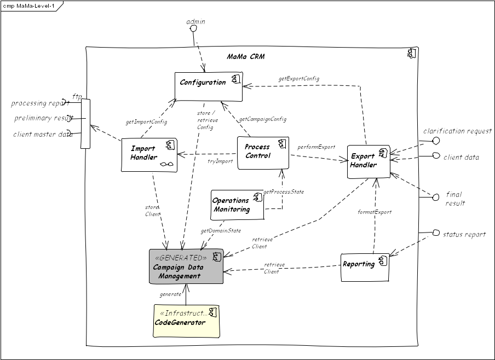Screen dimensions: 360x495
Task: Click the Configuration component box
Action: tap(208, 86)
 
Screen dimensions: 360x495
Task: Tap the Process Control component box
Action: tap(263, 153)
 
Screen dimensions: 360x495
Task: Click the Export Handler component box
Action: tap(369, 161)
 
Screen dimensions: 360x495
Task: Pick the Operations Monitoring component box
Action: tap(237, 205)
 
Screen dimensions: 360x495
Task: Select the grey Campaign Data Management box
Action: tap(186, 266)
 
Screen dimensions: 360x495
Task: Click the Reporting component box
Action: tap(365, 267)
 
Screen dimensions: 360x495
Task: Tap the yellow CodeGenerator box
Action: tap(186, 321)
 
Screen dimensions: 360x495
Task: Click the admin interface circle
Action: tap(193, 29)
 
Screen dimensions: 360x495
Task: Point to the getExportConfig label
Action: tap(298, 79)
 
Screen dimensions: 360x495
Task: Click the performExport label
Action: tap(316, 147)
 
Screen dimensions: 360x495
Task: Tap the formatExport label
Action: tap(375, 212)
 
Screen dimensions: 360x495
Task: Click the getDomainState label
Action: tap(221, 231)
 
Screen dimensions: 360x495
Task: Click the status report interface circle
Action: tap(436, 234)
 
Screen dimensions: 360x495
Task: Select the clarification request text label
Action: tap(457, 131)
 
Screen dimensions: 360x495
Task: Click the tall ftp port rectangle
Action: tap(85, 124)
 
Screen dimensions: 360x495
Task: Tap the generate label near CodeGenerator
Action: tap(170, 294)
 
